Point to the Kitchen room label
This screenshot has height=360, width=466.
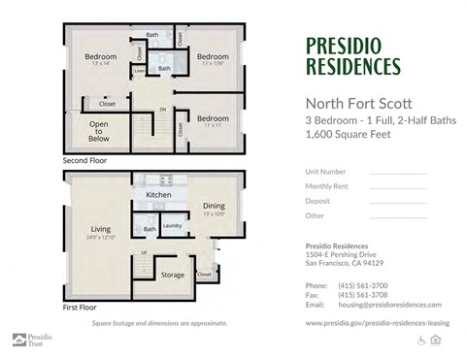pyautogui.click(x=158, y=195)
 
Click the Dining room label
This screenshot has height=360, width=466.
pyautogui.click(x=214, y=206)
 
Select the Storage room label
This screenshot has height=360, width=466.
pyautogui.click(x=173, y=275)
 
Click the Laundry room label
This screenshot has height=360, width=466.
pyautogui.click(x=172, y=226)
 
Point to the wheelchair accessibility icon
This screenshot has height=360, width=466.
pyautogui.click(x=421, y=340)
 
